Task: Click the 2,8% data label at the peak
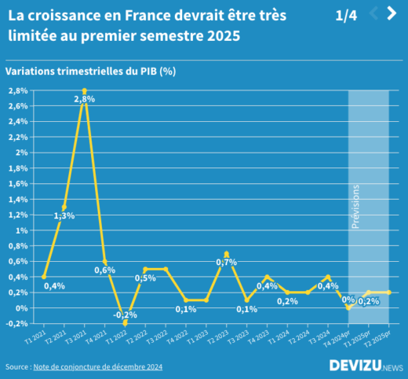(x=85, y=99)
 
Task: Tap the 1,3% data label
(x=64, y=215)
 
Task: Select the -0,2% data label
(x=125, y=315)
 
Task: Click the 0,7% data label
(x=226, y=262)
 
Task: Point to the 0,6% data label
(x=105, y=270)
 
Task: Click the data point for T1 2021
(x=44, y=277)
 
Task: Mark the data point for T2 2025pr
(x=388, y=293)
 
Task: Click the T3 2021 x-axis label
(x=76, y=338)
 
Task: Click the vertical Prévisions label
(x=355, y=206)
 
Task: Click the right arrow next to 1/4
(x=392, y=13)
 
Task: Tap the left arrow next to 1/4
(x=373, y=13)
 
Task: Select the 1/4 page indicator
(x=345, y=15)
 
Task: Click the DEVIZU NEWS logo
(x=366, y=366)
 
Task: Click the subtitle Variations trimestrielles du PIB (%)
(x=89, y=71)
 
